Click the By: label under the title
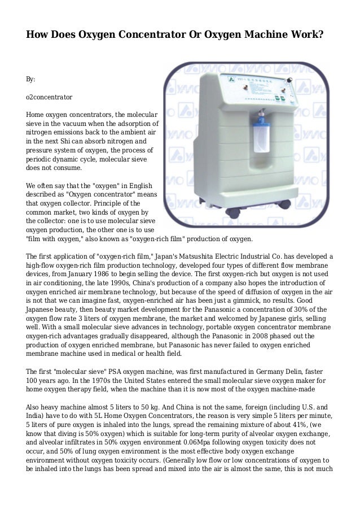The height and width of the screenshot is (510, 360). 31,80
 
